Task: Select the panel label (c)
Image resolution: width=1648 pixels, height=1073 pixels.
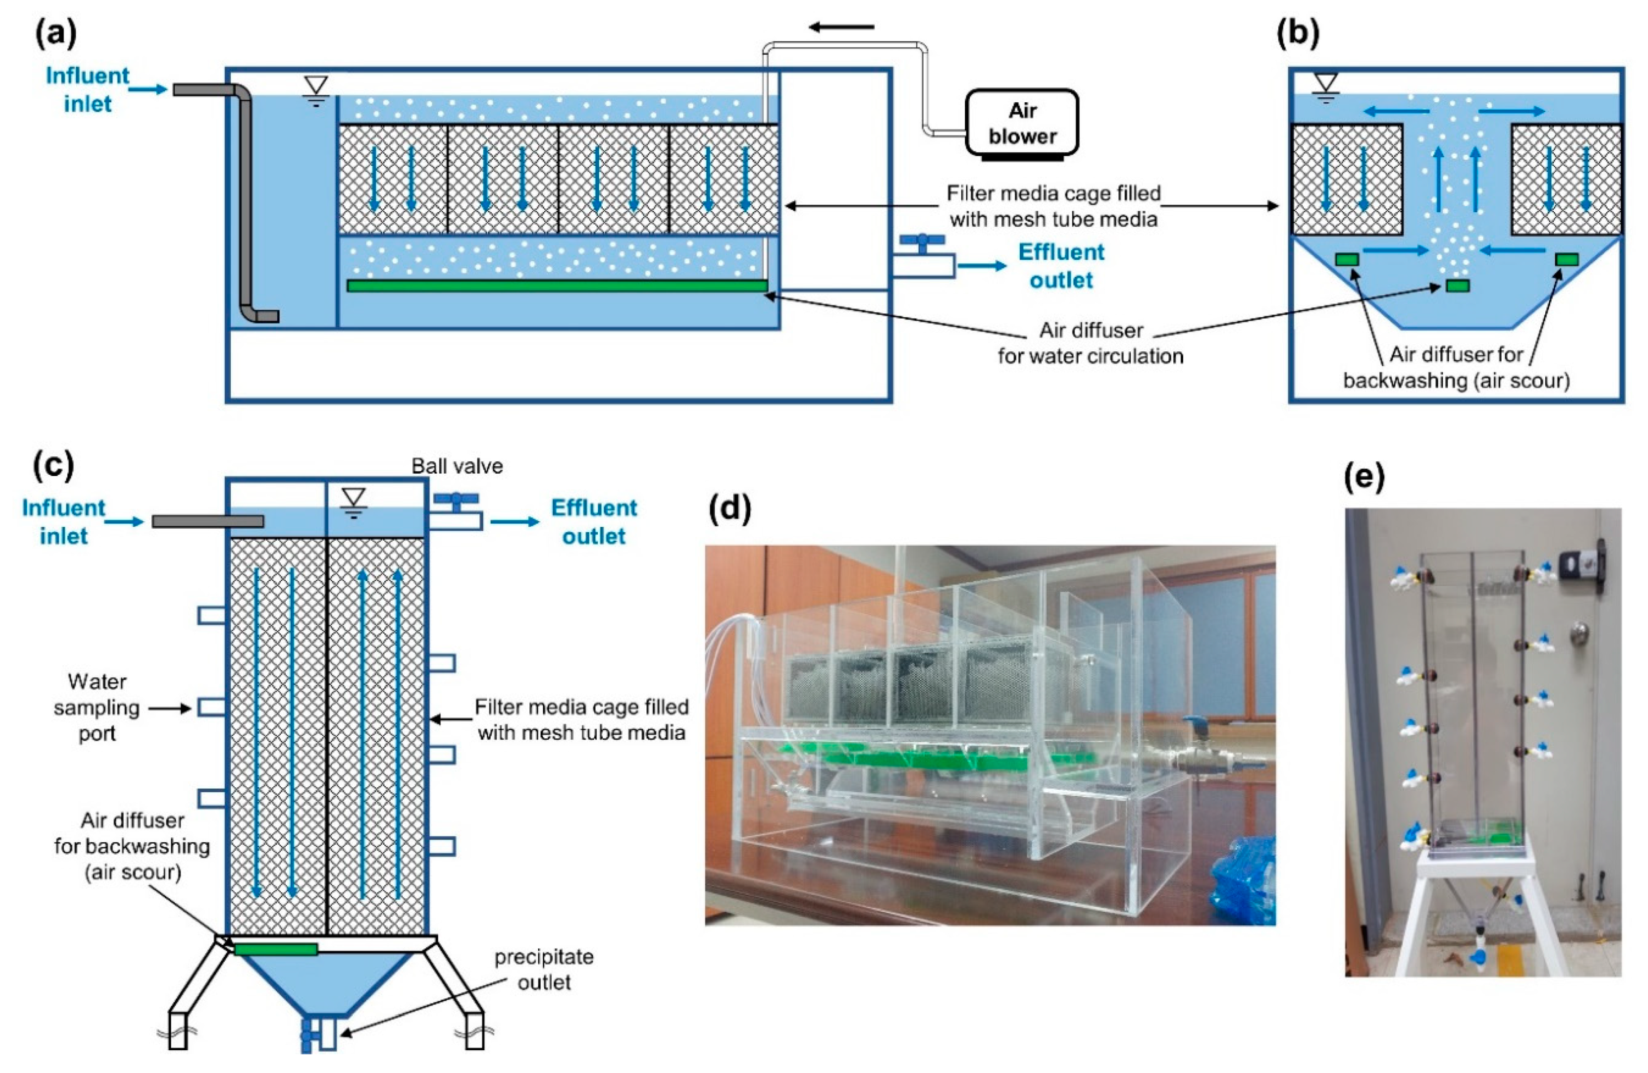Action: point(53,465)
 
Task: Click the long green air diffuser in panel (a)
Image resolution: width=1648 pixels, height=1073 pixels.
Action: point(558,285)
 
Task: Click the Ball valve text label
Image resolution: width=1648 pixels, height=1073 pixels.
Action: point(457,466)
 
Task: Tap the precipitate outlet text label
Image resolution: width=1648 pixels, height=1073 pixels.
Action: point(544,969)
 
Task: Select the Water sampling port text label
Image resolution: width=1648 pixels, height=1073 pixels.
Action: point(97,707)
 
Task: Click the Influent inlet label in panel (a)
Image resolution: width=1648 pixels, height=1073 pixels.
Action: point(87,89)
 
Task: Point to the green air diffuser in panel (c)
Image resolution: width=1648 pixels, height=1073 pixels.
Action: point(276,949)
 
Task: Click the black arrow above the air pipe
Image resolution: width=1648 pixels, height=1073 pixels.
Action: point(842,27)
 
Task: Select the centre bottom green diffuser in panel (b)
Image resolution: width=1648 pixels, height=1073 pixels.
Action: point(1458,285)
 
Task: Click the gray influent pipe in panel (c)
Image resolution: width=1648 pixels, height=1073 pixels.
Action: point(208,520)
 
